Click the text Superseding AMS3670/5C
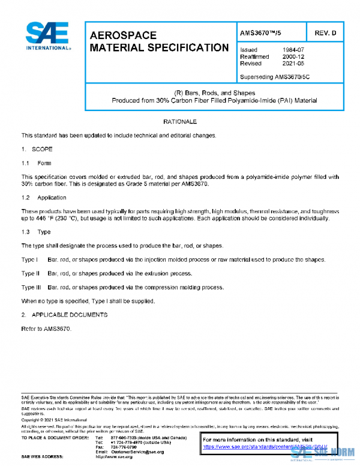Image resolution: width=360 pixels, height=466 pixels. (274, 77)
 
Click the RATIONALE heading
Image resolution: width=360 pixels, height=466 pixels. (180, 122)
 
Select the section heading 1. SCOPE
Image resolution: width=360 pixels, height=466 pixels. (37, 148)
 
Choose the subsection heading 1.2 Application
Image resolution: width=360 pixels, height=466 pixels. (44, 197)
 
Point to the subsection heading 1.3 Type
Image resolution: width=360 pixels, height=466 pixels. (36, 231)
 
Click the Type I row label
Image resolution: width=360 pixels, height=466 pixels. (30, 259)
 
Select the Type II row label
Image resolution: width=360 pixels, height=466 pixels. (31, 273)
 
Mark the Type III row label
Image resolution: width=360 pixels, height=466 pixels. (31, 287)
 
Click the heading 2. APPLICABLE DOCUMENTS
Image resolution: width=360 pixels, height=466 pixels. (64, 315)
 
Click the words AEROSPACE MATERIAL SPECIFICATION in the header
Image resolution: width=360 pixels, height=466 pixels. (159, 41)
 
